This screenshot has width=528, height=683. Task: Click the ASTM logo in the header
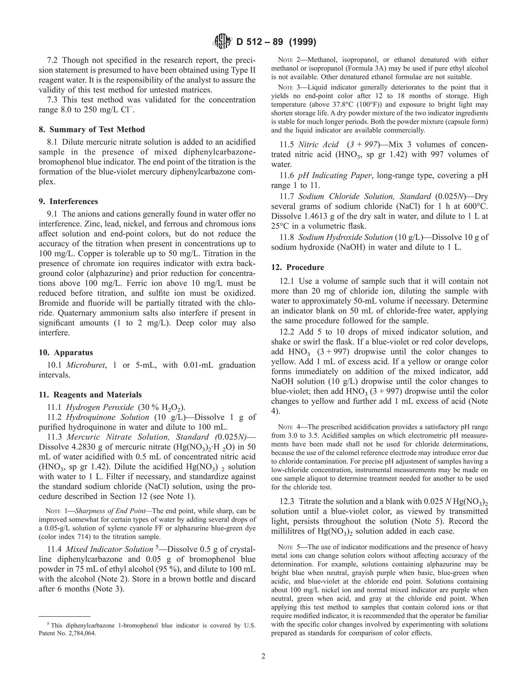(x=222, y=41)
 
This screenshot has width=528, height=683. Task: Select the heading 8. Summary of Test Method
(x=92, y=129)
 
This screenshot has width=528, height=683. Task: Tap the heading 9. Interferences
(x=68, y=201)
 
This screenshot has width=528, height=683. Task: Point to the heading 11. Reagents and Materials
(x=90, y=395)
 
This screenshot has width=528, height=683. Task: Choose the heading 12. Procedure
(x=298, y=267)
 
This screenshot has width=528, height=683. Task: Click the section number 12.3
(x=287, y=502)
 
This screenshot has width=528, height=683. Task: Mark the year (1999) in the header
(x=302, y=41)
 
